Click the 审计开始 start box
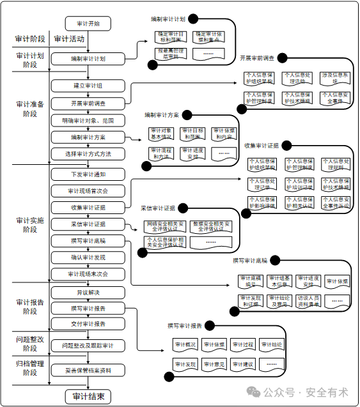(x=88, y=24)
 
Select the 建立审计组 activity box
(x=88, y=86)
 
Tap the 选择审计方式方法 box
(x=88, y=154)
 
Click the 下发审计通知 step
(x=88, y=174)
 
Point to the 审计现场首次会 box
(x=88, y=191)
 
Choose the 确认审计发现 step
(x=88, y=257)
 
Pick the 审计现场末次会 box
(x=88, y=274)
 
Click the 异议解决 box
(x=88, y=292)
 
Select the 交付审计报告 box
(x=88, y=323)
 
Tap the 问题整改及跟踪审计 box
(x=88, y=346)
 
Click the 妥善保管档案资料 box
(x=88, y=371)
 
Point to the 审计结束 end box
(x=88, y=396)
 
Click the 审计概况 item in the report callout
(x=185, y=345)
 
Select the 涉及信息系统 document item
(x=334, y=78)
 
